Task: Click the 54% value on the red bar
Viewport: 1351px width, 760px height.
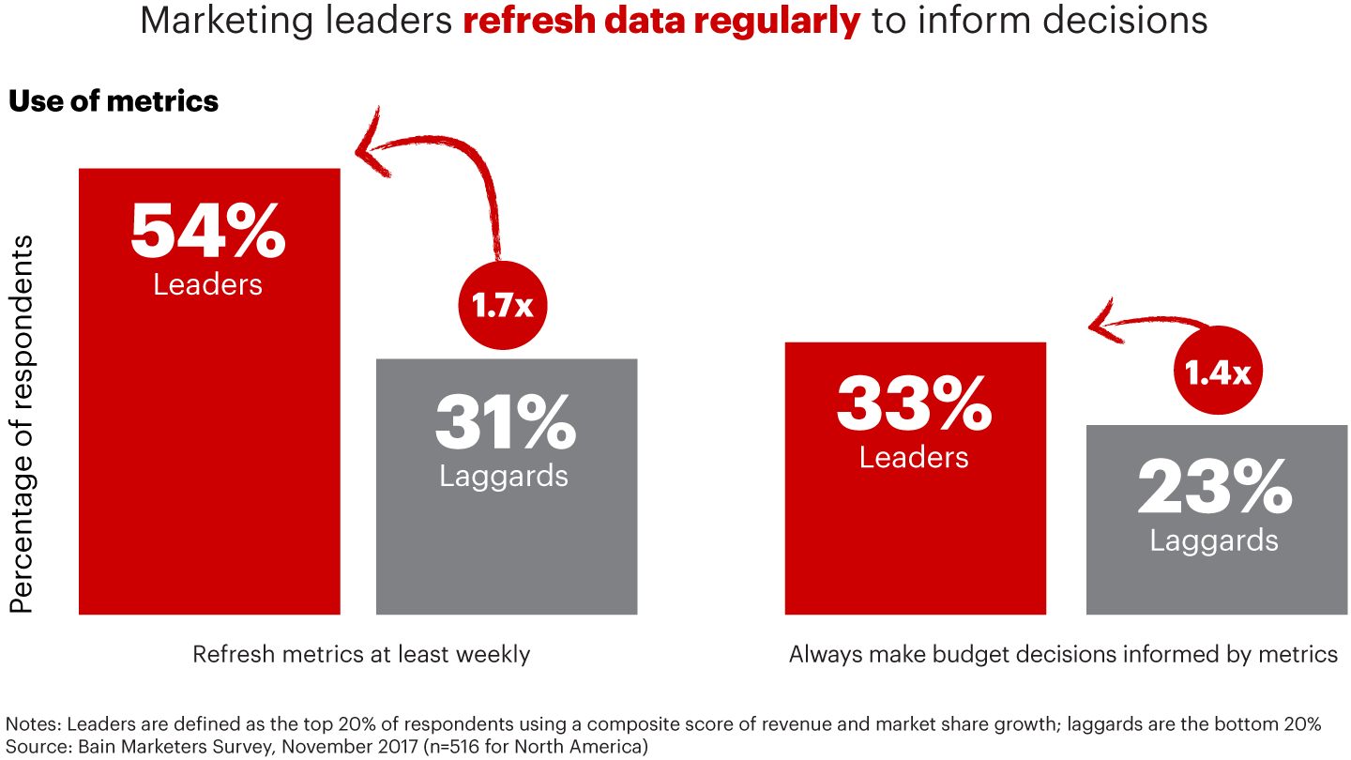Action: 207,231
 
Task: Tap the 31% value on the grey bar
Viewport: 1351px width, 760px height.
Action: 505,422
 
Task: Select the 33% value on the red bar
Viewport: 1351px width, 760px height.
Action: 914,404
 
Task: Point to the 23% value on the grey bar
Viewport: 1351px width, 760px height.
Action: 1214,488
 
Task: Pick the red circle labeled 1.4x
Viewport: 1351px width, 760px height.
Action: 1218,373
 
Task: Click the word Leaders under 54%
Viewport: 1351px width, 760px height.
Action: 207,283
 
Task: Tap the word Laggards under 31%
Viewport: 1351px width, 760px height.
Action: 504,475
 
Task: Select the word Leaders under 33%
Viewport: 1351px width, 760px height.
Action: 914,457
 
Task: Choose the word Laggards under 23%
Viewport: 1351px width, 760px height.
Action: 1214,540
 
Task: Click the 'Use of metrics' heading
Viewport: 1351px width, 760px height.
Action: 114,101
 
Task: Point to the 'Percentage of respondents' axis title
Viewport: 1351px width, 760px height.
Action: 22,424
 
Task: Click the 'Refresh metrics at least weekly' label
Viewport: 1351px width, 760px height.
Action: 361,654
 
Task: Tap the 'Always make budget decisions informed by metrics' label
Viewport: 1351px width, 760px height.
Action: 1063,654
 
